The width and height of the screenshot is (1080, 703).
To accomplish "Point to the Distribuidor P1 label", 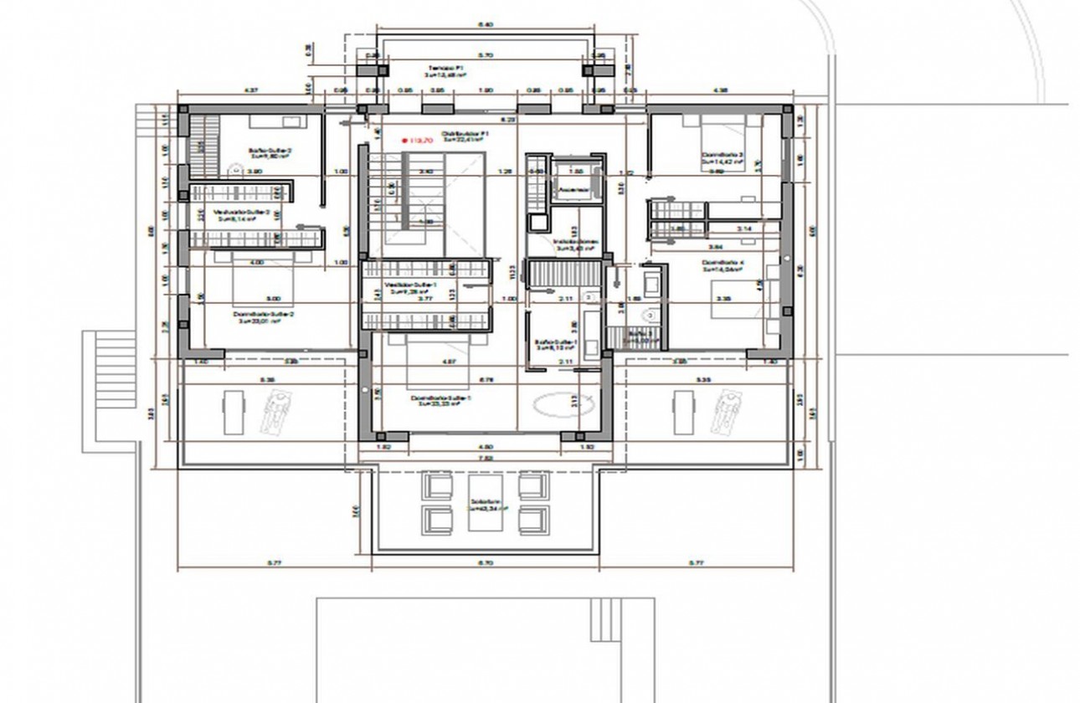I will coord(465,133).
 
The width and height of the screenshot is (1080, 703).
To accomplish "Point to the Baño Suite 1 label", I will coord(556,342).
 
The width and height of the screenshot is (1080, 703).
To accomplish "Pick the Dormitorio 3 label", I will coord(723,156).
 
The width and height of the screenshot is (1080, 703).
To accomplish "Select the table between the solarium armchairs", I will coord(480,500).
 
